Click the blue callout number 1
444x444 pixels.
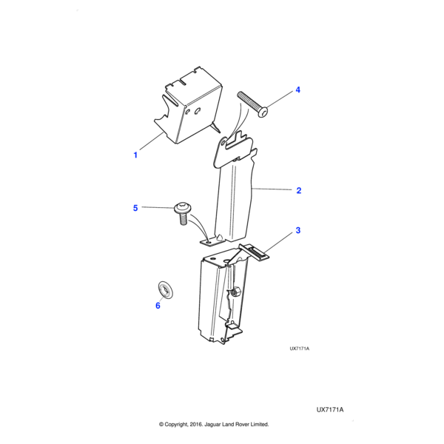click(x=135, y=155)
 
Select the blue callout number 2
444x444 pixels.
click(x=299, y=191)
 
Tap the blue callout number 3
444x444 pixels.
click(x=298, y=230)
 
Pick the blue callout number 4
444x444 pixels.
click(x=298, y=90)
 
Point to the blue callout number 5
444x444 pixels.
click(x=135, y=208)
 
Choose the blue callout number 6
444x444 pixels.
click(x=158, y=306)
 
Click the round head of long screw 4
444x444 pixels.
click(x=263, y=112)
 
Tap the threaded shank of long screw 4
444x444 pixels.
click(x=249, y=101)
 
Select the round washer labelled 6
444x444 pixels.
click(x=165, y=289)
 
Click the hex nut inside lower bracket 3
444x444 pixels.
click(x=235, y=292)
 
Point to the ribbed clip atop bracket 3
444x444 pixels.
click(x=255, y=251)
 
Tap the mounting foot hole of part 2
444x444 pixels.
click(x=209, y=243)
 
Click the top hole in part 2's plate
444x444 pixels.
click(x=223, y=141)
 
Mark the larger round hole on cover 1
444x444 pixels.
click(x=198, y=111)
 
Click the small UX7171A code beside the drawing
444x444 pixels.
click(x=299, y=349)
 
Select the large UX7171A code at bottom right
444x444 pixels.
click(x=330, y=410)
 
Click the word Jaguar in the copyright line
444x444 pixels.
click(x=213, y=425)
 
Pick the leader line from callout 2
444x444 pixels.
click(x=272, y=189)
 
